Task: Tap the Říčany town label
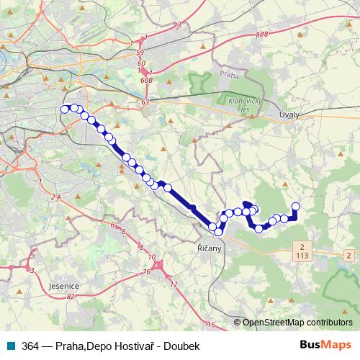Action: coord(210,247)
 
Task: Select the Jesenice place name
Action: coord(64,286)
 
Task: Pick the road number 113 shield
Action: coord(300,255)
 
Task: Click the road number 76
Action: coord(146,272)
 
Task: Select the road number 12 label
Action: coord(174,284)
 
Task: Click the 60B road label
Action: coord(148,81)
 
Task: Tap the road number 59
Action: coord(141,53)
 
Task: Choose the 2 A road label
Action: coord(57,196)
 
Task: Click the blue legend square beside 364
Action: coord(11,345)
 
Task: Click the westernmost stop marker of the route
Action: coord(65,109)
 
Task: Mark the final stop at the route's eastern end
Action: coord(294,207)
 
